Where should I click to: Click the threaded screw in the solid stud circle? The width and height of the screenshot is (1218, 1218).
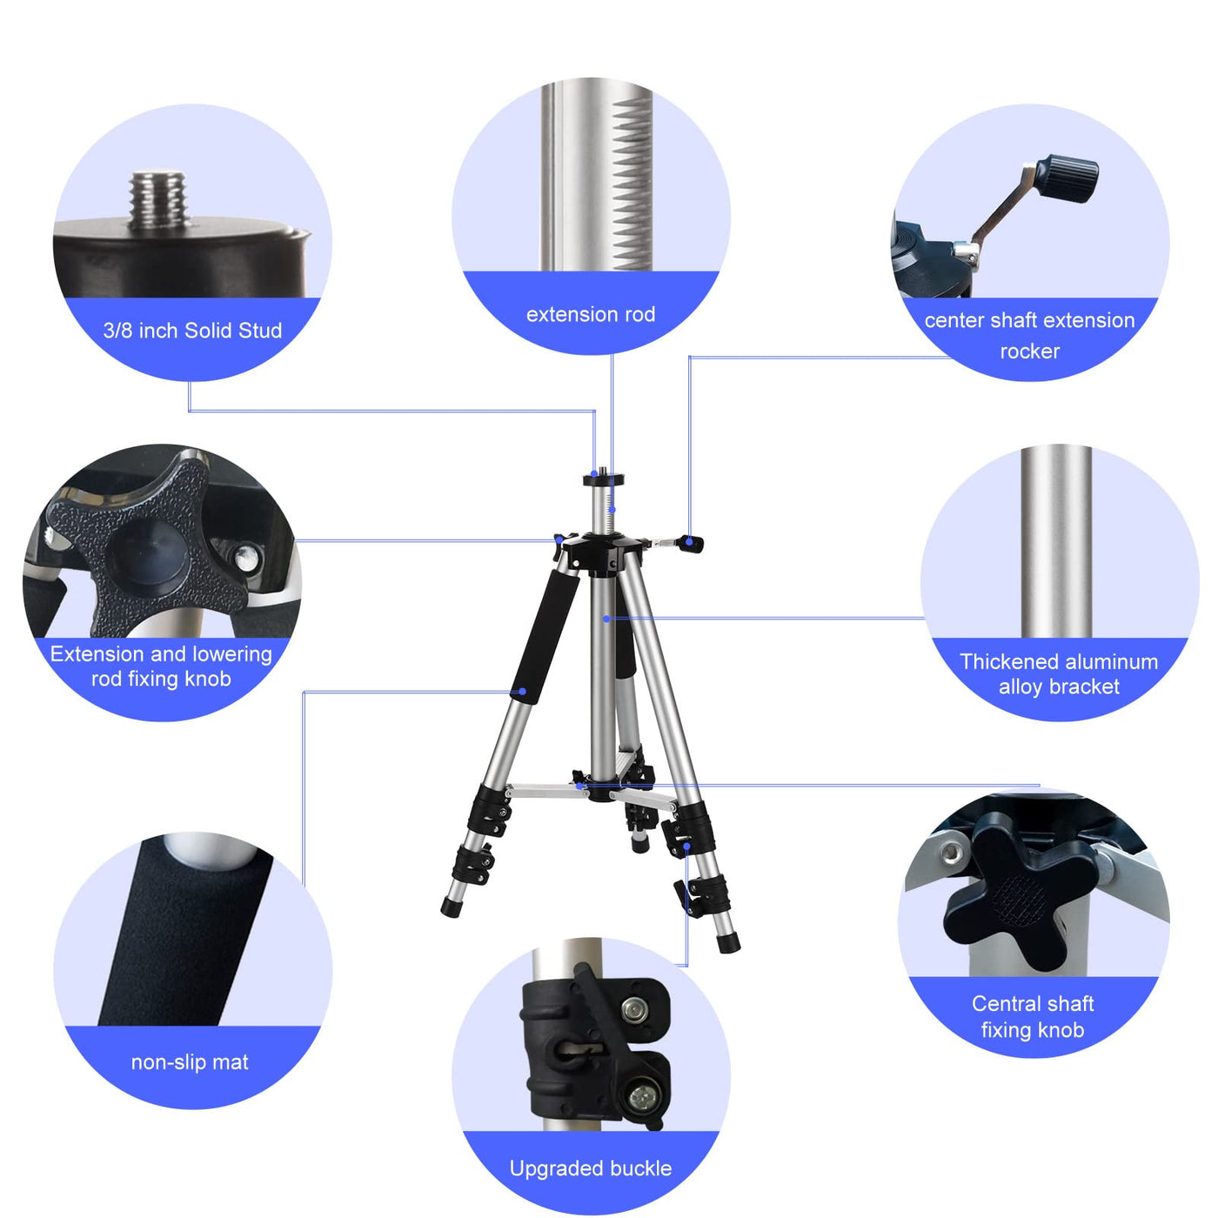160,200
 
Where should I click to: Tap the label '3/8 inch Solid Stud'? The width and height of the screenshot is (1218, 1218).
192,331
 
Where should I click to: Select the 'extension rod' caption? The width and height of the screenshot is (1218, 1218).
591,314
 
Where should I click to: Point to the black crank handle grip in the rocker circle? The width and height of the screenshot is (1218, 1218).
1067,177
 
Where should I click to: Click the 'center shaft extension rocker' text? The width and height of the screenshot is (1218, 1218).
1029,336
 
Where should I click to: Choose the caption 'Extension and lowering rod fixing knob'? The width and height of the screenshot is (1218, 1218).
161,666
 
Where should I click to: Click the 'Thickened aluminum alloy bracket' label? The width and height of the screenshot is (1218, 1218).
1059,673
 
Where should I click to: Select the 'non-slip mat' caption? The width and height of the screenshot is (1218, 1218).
190,1062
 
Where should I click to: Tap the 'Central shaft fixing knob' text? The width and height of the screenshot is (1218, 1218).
1032,1017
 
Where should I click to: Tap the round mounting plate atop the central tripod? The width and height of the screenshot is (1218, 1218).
603,479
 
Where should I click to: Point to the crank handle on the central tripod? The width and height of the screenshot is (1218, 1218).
675,543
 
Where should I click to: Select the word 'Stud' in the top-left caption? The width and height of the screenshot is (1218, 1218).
260,331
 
